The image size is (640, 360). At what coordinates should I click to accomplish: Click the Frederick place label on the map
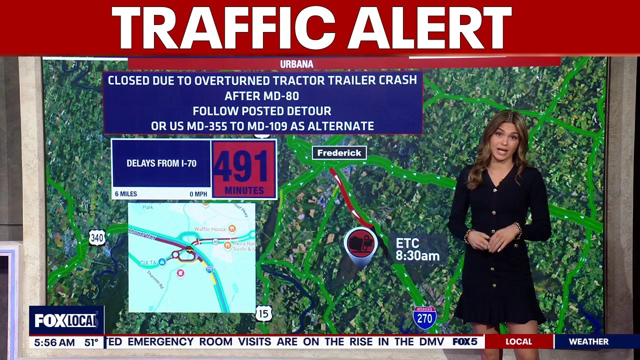coord(339,153)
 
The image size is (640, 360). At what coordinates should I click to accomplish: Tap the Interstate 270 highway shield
coord(424,317)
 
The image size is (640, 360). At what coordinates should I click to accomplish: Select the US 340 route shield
coord(97,237)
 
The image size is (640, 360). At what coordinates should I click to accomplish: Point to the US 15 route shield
coord(263,313)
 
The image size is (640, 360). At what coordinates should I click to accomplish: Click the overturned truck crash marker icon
coord(360,243)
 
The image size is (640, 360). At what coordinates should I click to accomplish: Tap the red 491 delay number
coord(244,165)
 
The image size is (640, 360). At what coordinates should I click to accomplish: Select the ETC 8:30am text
coord(417,249)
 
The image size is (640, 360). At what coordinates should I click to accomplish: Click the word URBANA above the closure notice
coord(296,64)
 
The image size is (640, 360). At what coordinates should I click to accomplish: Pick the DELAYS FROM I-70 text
coord(161,163)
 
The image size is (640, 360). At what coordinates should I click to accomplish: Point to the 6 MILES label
coord(126,194)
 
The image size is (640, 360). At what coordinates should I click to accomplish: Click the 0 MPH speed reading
coord(198,194)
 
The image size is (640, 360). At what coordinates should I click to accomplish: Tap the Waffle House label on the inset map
coord(210,228)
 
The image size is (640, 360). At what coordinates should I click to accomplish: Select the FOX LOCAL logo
coord(65,320)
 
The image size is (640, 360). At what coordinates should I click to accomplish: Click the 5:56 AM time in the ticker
coord(53,342)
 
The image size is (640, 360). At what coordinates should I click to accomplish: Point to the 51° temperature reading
coord(91,342)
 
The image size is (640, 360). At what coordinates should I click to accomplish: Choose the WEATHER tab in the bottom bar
coord(588,341)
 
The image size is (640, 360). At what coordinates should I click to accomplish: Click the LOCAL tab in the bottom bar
coord(518,341)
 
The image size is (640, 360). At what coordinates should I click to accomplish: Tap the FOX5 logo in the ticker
coord(465,341)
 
